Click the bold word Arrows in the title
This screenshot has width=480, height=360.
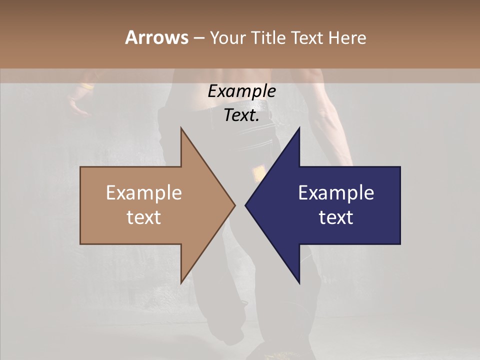pyautogui.click(x=156, y=37)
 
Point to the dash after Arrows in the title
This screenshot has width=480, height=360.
pyautogui.click(x=199, y=38)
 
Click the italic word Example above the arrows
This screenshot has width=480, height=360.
pyautogui.click(x=241, y=91)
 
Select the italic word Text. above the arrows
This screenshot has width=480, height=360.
pyautogui.click(x=241, y=115)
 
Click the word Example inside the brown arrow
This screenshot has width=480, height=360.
pyautogui.click(x=144, y=193)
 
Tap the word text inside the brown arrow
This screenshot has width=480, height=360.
pyautogui.click(x=144, y=217)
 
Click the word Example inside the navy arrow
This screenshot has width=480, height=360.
pyautogui.click(x=336, y=193)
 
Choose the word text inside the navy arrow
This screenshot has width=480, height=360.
pyautogui.click(x=336, y=217)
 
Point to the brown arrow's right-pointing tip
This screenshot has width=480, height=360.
pyautogui.click(x=234, y=205)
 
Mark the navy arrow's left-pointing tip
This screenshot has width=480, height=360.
pyautogui.click(x=245, y=205)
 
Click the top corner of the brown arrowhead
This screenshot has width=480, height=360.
pyautogui.click(x=181, y=128)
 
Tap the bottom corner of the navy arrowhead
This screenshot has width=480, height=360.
pyautogui.click(x=299, y=283)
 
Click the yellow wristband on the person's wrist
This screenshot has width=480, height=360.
pyautogui.click(x=87, y=86)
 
